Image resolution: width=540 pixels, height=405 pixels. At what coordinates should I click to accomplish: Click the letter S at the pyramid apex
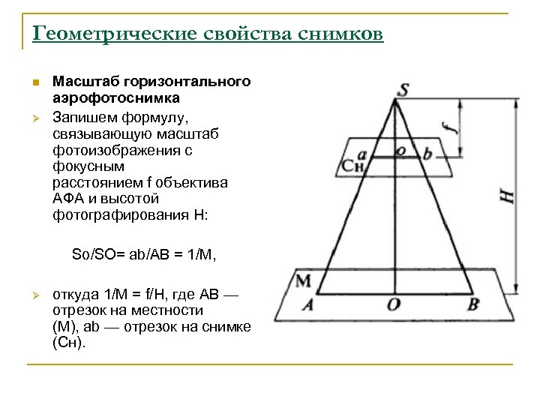click(403, 90)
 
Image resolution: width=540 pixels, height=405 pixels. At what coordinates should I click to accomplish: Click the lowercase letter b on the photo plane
click(427, 154)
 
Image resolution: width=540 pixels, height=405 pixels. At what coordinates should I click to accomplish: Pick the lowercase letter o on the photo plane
click(402, 151)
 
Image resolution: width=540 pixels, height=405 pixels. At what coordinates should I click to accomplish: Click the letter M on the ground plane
click(303, 280)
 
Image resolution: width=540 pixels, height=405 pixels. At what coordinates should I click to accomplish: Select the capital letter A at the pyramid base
click(307, 304)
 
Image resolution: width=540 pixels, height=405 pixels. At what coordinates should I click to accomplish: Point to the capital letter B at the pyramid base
click(473, 304)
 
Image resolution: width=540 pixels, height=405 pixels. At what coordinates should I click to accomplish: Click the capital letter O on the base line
click(393, 304)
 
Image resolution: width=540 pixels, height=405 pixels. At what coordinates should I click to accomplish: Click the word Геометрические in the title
click(96, 34)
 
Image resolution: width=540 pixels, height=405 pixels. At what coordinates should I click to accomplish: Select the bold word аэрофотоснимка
click(115, 97)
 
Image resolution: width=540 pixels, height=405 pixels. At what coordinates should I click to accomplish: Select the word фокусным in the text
click(88, 166)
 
